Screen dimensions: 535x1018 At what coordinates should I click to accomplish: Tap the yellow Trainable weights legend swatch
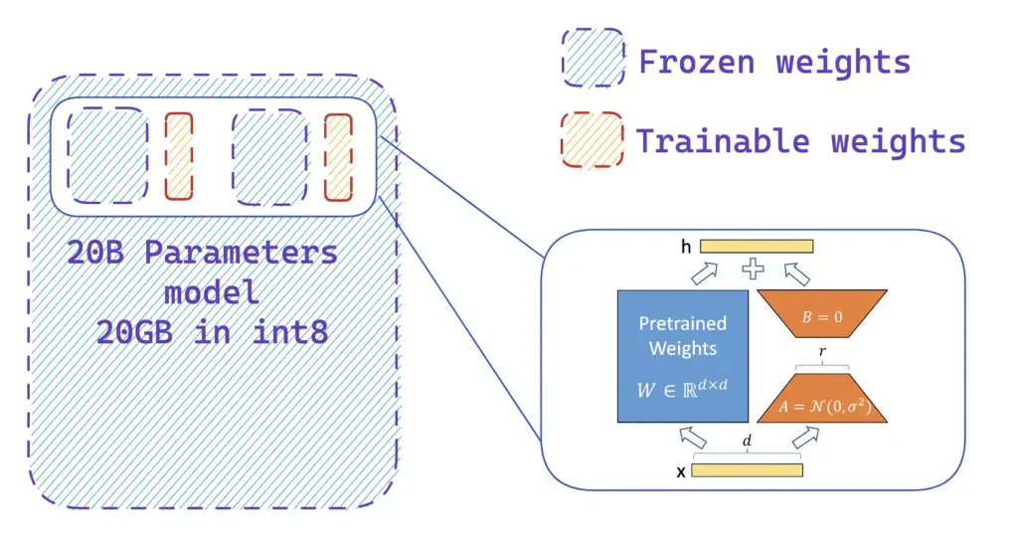click(x=593, y=140)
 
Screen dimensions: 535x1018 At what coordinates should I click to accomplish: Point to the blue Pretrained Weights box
click(x=682, y=356)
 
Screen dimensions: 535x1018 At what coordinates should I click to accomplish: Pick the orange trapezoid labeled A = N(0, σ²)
click(x=821, y=402)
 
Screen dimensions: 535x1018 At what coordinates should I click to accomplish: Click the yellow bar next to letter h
click(x=757, y=246)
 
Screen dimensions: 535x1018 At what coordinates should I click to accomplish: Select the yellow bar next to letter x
click(x=747, y=469)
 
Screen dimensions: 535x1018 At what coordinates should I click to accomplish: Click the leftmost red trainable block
click(x=179, y=156)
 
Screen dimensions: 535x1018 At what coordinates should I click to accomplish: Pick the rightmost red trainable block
click(x=339, y=156)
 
